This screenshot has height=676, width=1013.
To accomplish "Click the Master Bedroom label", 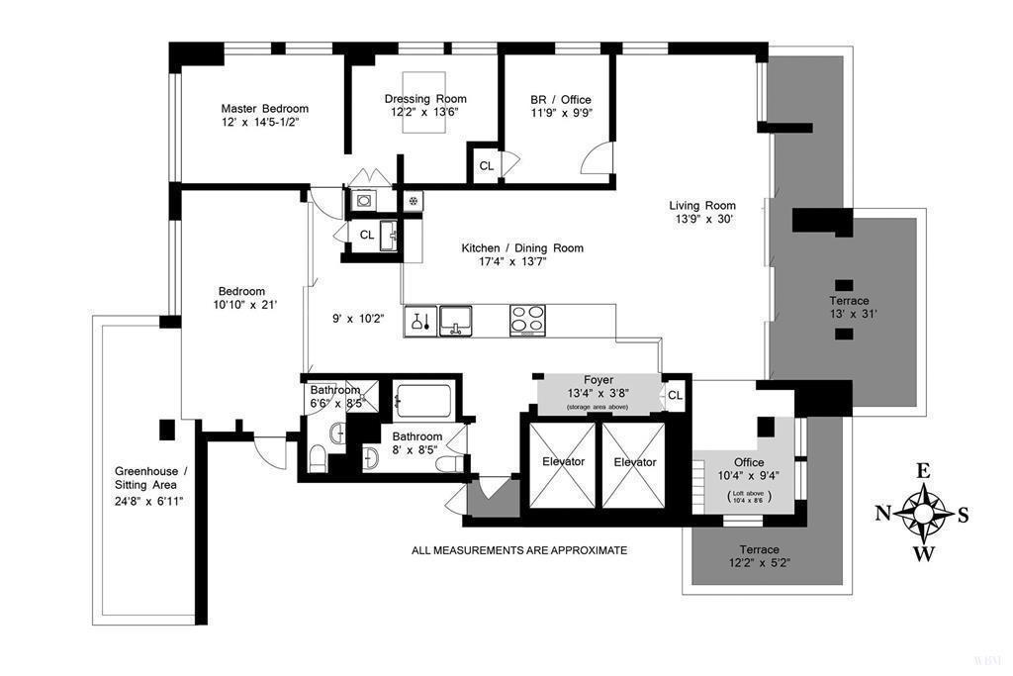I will click(264, 109).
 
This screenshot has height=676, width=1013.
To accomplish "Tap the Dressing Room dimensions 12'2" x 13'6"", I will click(425, 112).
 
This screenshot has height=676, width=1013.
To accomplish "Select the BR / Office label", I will click(561, 99).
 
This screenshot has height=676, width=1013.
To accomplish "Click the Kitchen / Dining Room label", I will click(522, 248).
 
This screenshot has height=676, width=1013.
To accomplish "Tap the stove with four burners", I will click(527, 320).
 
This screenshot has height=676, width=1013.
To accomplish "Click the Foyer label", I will click(599, 378).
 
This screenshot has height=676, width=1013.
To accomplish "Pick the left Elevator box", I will click(562, 462).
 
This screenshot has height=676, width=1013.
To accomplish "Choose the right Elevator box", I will click(634, 462).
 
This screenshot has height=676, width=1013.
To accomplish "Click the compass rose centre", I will click(923, 513).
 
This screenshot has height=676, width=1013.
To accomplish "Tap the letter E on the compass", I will click(923, 472).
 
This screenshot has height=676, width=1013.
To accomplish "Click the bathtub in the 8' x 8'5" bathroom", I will click(423, 402).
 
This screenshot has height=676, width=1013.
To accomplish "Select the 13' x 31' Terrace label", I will click(849, 300).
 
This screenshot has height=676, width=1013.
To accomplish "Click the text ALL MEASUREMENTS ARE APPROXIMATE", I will click(519, 550).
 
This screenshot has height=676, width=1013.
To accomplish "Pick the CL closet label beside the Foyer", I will click(675, 395).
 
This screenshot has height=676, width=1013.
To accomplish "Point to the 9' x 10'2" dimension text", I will click(355, 320).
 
